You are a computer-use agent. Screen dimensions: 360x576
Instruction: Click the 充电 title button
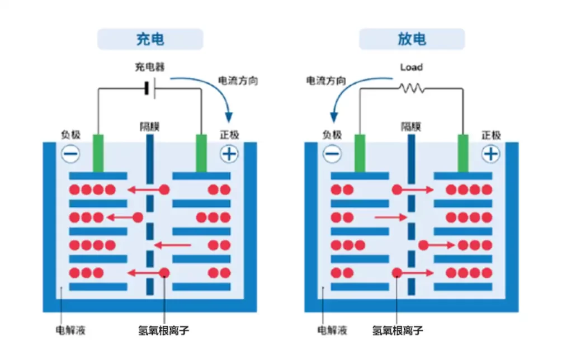click(150, 39)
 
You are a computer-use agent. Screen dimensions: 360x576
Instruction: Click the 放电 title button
click(412, 39)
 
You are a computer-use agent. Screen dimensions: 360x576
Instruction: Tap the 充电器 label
click(149, 67)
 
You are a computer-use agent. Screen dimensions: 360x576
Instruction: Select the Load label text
click(411, 67)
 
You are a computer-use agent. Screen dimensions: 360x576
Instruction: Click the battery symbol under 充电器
click(149, 88)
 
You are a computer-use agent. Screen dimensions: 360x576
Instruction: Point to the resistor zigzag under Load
click(411, 88)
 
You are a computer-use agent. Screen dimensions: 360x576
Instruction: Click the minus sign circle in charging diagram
click(71, 154)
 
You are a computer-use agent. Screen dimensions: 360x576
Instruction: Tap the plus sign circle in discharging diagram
click(491, 154)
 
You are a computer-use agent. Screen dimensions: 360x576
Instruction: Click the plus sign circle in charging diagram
click(229, 154)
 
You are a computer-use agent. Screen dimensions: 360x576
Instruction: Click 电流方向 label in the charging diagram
click(238, 80)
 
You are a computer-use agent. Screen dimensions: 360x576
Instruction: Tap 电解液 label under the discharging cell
click(332, 330)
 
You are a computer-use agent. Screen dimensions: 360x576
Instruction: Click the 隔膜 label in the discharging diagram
click(411, 126)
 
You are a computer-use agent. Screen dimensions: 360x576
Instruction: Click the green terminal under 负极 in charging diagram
click(98, 153)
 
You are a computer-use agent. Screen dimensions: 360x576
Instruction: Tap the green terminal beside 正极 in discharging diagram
click(463, 153)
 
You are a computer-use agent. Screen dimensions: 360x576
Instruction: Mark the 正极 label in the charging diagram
click(229, 135)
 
